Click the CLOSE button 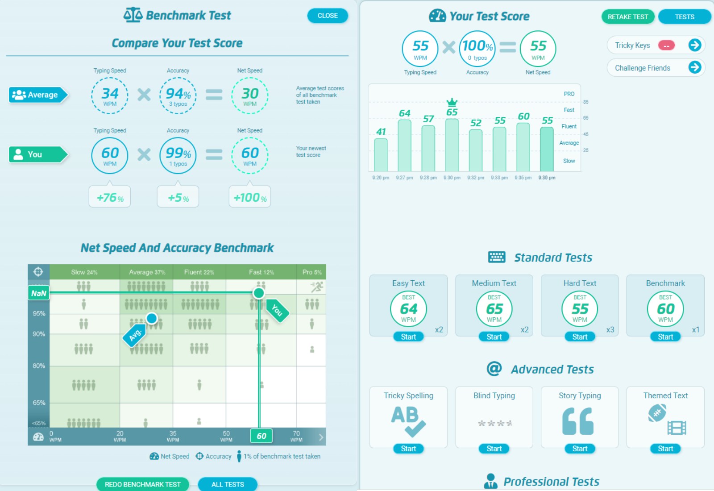click(328, 16)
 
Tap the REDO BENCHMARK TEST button click(143, 484)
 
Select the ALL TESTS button click(228, 484)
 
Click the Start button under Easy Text click(408, 337)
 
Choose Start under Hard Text click(580, 337)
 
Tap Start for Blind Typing click(494, 449)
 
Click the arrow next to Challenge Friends click(695, 67)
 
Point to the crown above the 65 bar click(452, 102)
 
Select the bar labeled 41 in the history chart click(381, 154)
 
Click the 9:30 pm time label click(452, 178)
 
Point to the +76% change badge click(110, 197)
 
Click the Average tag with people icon click(37, 95)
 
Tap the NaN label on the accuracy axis click(39, 293)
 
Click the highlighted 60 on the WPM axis click(262, 436)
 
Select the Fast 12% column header click(262, 272)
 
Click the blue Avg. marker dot click(152, 318)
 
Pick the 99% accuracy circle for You click(178, 155)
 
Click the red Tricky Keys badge click(666, 46)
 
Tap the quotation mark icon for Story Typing click(578, 421)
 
